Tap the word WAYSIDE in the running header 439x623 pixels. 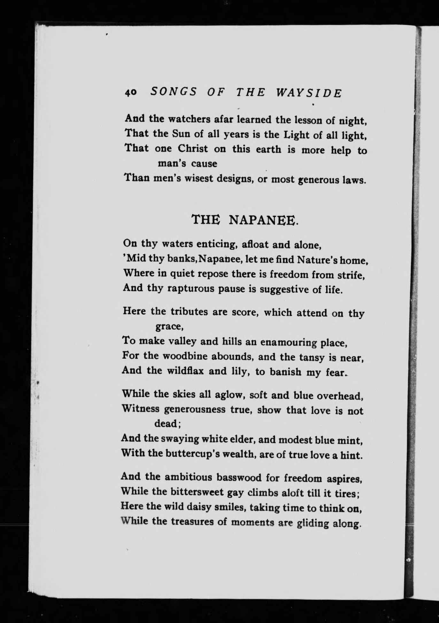tap(308, 93)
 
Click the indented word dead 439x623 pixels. tap(168, 424)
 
